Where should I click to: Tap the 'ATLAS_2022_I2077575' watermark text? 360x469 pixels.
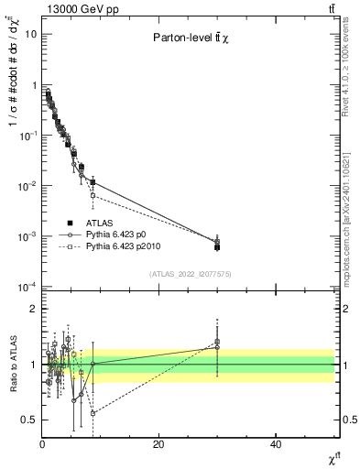click(x=191, y=274)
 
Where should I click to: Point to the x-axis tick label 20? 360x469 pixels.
click(x=158, y=444)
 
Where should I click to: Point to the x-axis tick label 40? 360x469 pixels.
click(x=276, y=444)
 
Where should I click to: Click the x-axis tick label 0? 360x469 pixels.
click(x=42, y=444)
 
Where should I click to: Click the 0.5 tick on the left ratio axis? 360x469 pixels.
click(x=30, y=420)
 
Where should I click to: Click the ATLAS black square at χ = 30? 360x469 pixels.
click(x=217, y=247)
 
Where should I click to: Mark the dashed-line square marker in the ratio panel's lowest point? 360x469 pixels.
click(x=93, y=413)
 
